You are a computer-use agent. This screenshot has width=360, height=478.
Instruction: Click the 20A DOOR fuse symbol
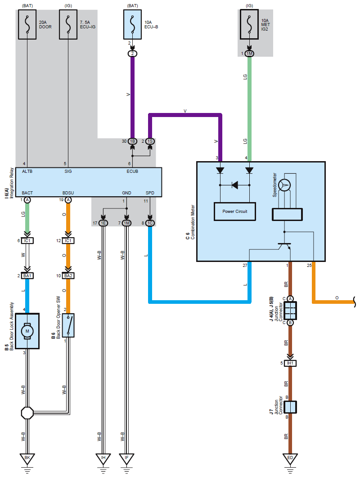click(x=27, y=24)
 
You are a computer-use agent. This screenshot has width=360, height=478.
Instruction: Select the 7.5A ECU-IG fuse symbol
click(x=68, y=24)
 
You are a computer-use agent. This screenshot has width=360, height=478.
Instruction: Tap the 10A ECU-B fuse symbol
click(x=132, y=24)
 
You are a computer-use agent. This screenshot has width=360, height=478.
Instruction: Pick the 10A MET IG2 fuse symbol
click(x=249, y=24)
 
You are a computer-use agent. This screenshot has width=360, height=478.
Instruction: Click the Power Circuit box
click(x=235, y=211)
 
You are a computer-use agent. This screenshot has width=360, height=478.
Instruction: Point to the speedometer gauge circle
click(x=285, y=185)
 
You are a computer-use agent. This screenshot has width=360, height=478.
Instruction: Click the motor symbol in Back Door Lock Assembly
click(x=27, y=331)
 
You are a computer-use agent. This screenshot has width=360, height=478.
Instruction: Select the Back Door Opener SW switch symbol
click(x=68, y=325)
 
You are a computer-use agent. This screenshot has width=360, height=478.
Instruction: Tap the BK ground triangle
click(x=27, y=458)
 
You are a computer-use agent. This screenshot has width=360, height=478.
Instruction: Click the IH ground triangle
click(x=103, y=458)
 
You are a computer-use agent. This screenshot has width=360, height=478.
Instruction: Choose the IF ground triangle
click(x=126, y=458)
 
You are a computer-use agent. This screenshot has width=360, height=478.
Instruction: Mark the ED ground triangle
click(x=290, y=458)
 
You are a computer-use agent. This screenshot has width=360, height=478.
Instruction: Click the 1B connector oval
click(x=132, y=141)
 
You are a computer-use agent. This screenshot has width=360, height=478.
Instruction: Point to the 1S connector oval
click(x=150, y=141)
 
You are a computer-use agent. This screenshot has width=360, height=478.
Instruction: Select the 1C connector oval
click(x=150, y=223)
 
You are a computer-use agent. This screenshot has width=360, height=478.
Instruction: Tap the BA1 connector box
click(x=27, y=276)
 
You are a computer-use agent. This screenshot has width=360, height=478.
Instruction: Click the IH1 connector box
click(x=290, y=363)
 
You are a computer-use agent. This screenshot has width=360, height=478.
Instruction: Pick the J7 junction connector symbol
click(x=290, y=407)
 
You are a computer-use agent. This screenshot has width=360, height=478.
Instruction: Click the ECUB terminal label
click(x=132, y=171)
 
